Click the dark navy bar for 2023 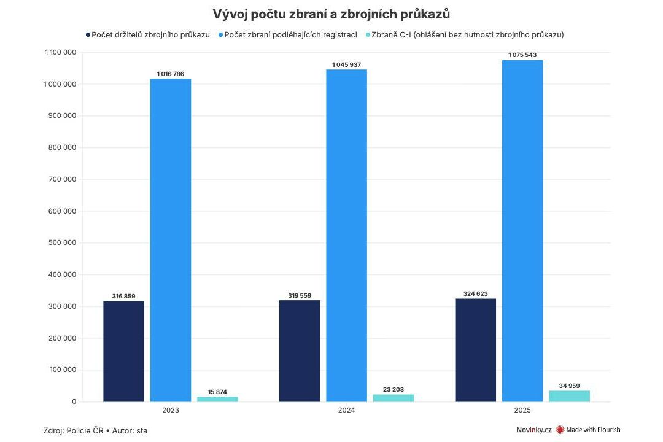click(x=123, y=351)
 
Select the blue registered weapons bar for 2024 click(x=346, y=236)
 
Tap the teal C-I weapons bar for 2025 click(x=569, y=396)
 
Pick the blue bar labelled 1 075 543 click(x=522, y=231)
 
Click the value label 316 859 click(x=123, y=296)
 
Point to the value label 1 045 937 click(x=346, y=64)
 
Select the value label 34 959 click(x=569, y=386)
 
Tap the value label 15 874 click(x=217, y=392)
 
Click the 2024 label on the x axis click(x=346, y=410)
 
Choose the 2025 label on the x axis click(x=522, y=410)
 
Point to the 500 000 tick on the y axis click(x=61, y=243)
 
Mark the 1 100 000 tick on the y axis click(x=60, y=53)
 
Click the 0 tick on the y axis click(x=74, y=401)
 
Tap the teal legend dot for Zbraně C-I click(x=368, y=35)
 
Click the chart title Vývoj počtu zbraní click(x=331, y=14)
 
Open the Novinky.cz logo click(x=533, y=430)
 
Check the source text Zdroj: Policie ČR click(x=76, y=430)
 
